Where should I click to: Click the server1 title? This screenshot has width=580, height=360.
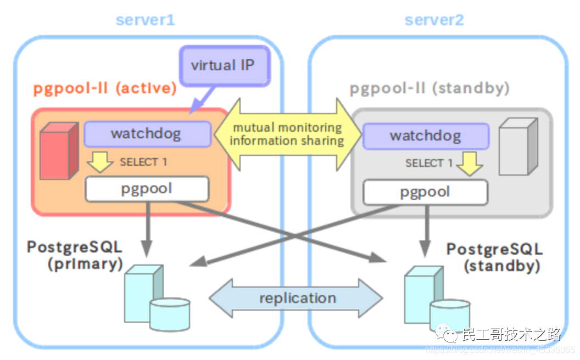click(x=145, y=20)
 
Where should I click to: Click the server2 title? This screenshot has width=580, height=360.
click(x=434, y=20)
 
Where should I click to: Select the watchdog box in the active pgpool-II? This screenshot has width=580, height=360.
click(x=147, y=134)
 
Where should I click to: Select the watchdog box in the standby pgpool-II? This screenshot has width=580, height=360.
click(x=426, y=136)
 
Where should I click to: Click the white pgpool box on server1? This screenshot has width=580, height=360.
click(x=147, y=189)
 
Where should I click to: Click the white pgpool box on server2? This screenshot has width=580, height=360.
click(x=425, y=192)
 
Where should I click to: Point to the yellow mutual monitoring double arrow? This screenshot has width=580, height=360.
click(x=287, y=134)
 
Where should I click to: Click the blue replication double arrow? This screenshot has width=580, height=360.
click(x=296, y=299)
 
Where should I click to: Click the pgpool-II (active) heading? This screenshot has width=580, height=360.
click(x=105, y=89)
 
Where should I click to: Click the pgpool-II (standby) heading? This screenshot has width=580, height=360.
click(x=430, y=88)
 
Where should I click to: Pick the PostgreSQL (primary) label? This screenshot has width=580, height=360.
click(x=75, y=255)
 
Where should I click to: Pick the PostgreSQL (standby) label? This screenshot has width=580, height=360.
click(x=494, y=257)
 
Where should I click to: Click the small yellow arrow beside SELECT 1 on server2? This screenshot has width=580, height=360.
click(x=470, y=164)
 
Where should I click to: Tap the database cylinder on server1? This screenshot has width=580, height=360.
click(x=169, y=314)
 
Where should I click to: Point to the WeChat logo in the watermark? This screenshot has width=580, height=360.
click(x=447, y=334)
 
